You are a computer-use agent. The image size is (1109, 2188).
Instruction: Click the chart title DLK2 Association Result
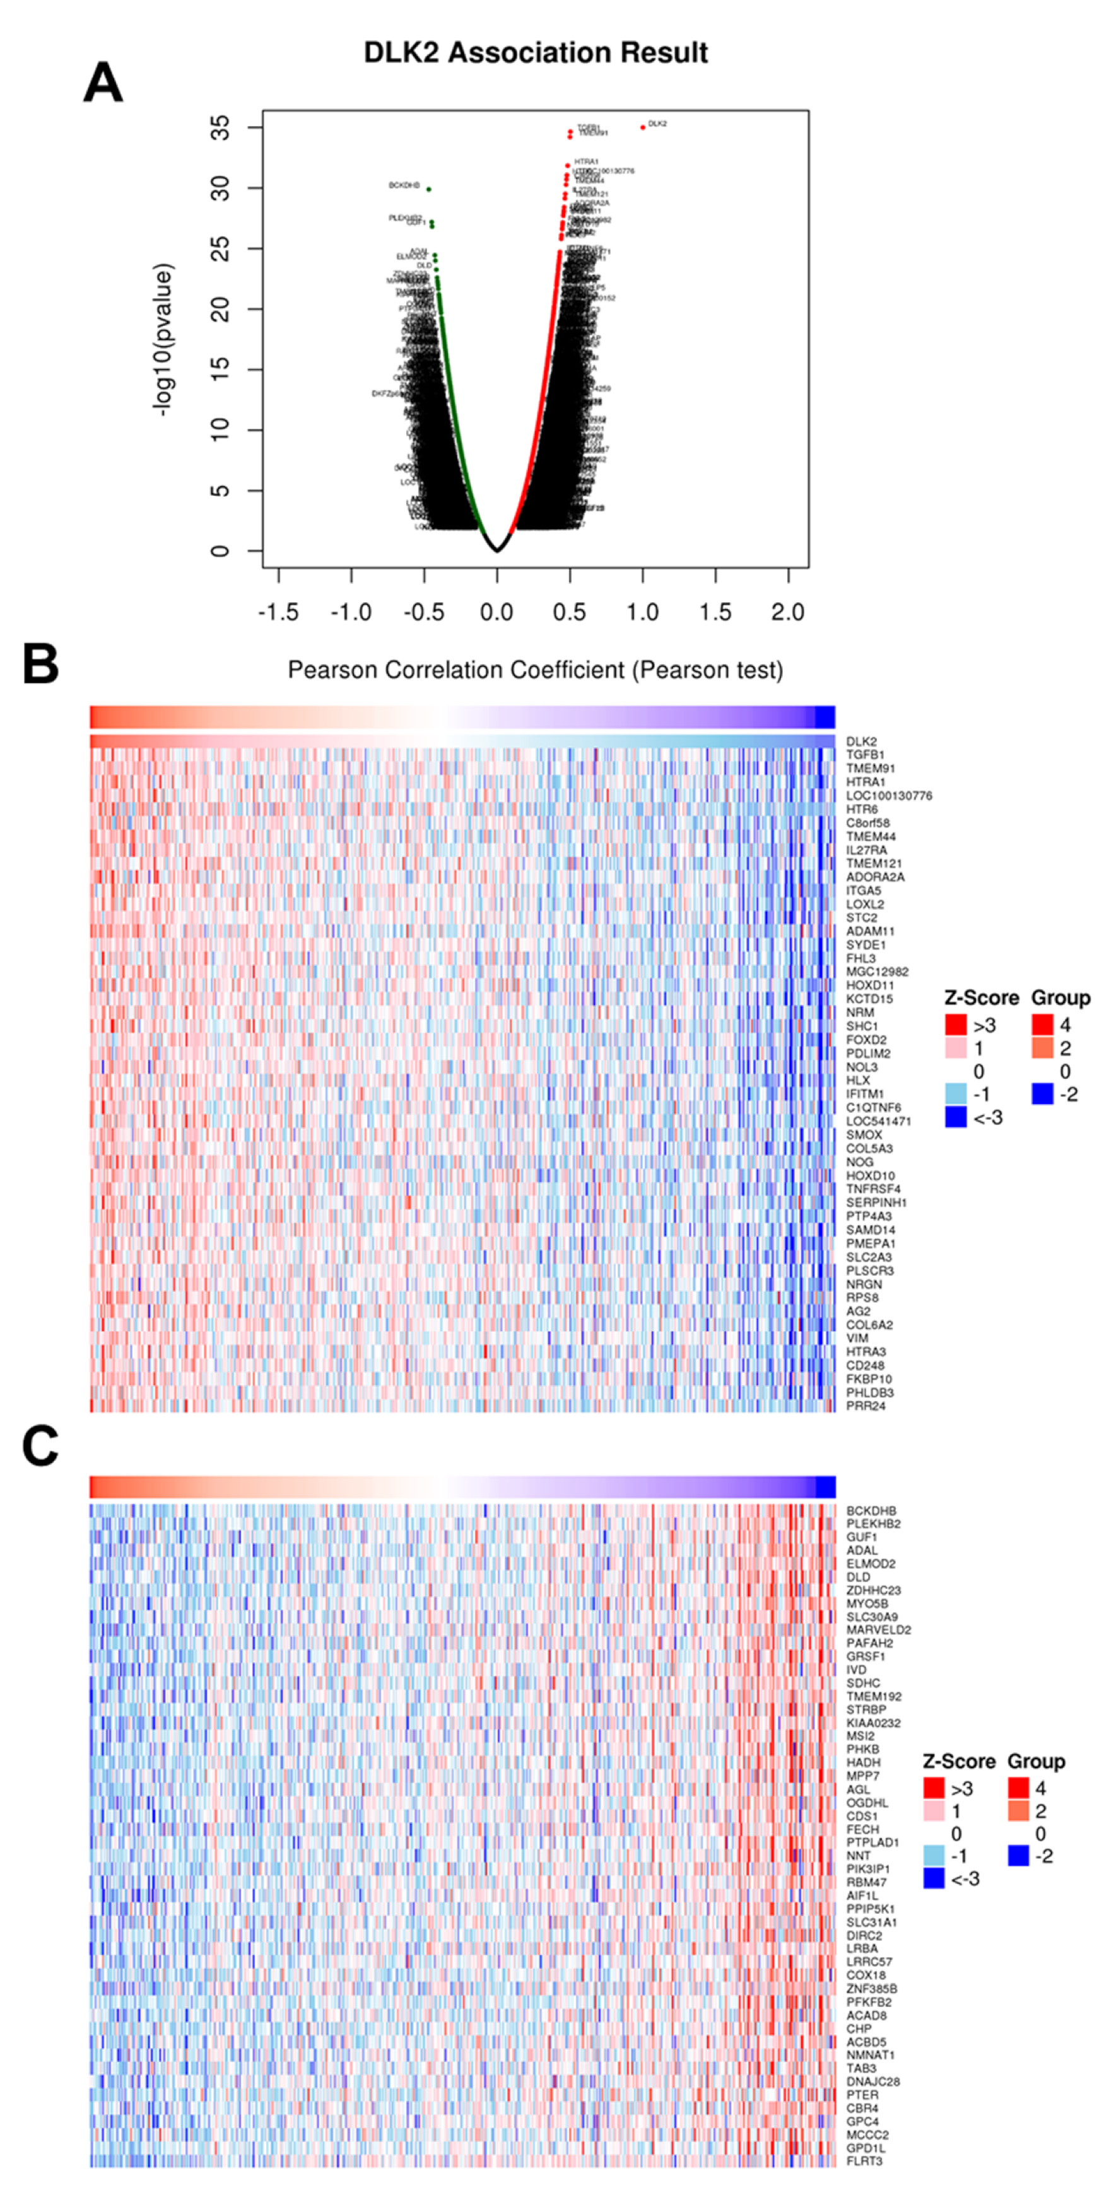[536, 53]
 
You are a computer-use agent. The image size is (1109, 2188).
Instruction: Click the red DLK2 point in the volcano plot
[642, 127]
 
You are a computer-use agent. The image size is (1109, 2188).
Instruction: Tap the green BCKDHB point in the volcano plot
[428, 189]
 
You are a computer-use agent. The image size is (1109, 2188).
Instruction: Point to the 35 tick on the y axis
[220, 127]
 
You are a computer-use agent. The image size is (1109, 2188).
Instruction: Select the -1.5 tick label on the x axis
[278, 612]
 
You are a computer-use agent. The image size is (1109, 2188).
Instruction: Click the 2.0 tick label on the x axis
[788, 612]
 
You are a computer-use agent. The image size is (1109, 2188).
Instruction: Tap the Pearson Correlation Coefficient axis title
[536, 670]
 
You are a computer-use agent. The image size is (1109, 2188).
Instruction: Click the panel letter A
[103, 83]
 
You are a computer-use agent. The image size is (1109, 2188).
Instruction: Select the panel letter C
[40, 1446]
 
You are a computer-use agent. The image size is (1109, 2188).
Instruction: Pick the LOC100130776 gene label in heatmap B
[888, 796]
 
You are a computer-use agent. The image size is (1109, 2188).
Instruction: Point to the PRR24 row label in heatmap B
[865, 1405]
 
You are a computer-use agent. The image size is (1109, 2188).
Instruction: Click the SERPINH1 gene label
[876, 1202]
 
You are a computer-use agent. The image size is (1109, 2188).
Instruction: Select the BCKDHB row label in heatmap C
[870, 1511]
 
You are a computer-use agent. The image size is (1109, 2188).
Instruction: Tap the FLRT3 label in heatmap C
[864, 2160]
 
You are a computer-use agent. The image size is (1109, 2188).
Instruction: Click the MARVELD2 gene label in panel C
[878, 1630]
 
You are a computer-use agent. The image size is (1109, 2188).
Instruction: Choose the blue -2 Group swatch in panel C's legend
[1018, 1856]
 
